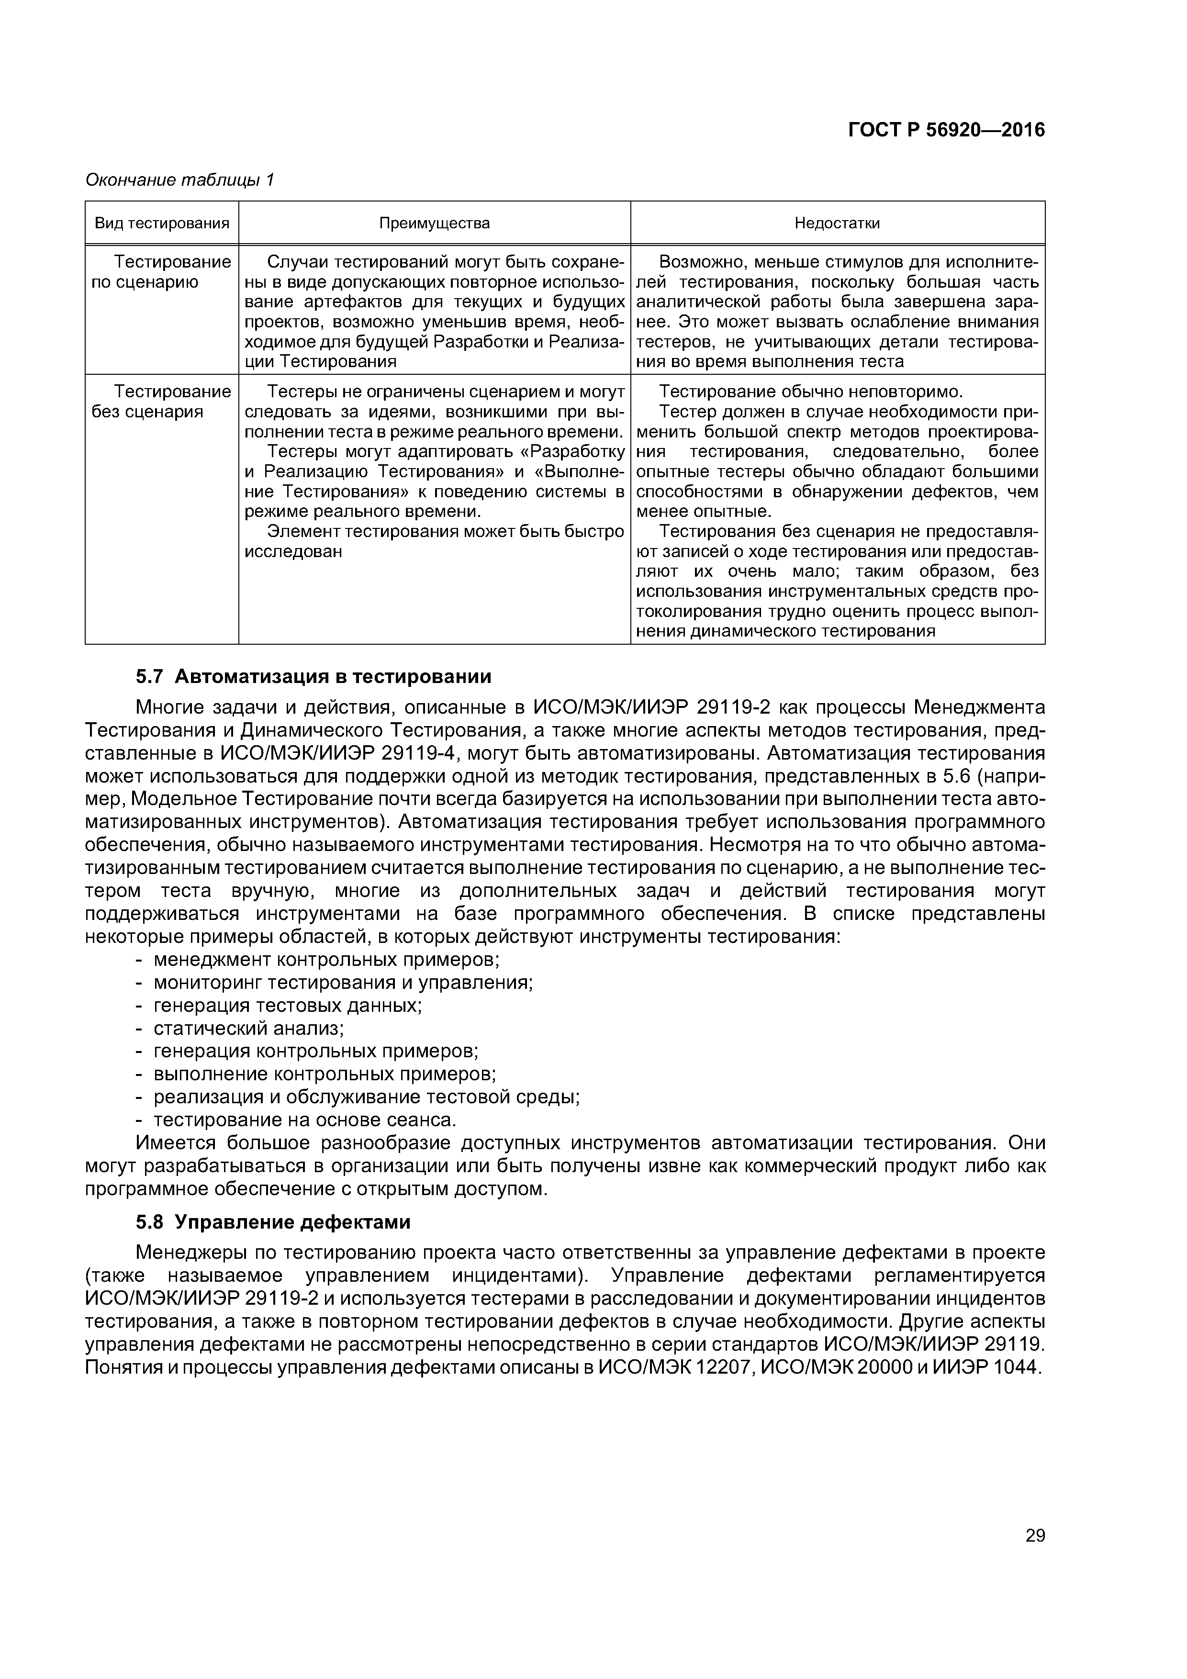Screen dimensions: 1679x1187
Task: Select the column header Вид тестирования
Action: (x=162, y=223)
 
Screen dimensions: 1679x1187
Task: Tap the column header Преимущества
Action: (x=435, y=223)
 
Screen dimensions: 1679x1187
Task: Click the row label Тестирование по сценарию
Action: (x=162, y=272)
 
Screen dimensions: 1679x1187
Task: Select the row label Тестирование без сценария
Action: (x=162, y=402)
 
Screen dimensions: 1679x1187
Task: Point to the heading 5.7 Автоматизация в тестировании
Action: (x=314, y=676)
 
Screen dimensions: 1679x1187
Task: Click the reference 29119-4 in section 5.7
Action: (x=413, y=753)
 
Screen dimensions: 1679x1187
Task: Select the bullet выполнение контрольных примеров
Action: (x=325, y=1074)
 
